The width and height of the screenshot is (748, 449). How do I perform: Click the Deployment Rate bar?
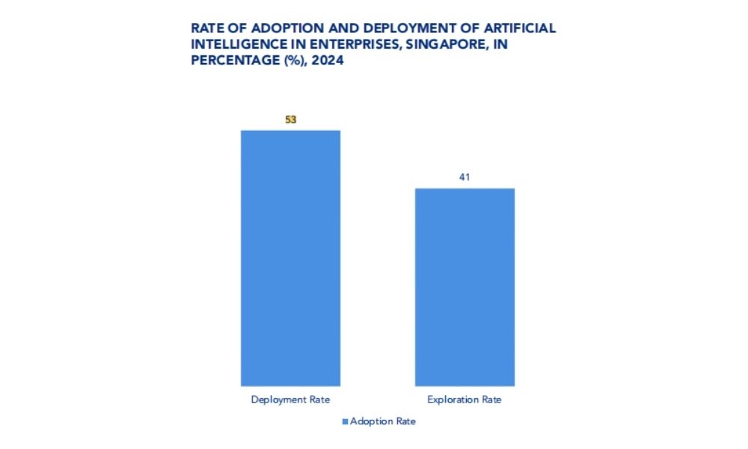click(x=290, y=258)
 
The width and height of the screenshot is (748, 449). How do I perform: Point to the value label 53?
click(x=291, y=119)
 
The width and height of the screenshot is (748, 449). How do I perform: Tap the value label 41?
click(x=465, y=177)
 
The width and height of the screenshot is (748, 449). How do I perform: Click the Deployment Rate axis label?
click(x=290, y=400)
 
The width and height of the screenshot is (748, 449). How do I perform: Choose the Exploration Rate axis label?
click(x=465, y=400)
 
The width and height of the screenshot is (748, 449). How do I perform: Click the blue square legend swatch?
click(x=345, y=421)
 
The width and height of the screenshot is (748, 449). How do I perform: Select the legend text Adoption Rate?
click(x=383, y=421)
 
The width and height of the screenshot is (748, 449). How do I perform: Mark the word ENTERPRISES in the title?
click(x=356, y=45)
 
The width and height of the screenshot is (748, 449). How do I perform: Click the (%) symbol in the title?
click(x=292, y=62)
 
